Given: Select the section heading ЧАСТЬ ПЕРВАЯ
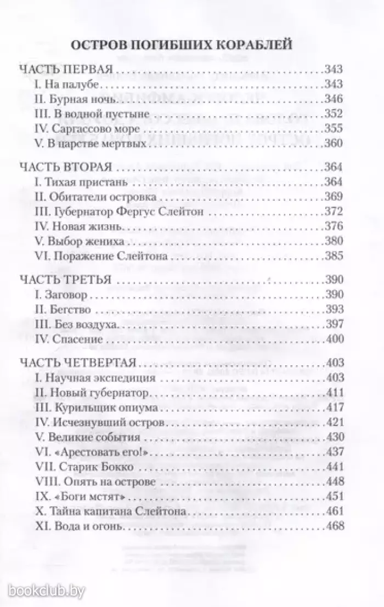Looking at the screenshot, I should (x=66, y=70).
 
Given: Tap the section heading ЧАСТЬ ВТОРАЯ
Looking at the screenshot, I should (x=65, y=167).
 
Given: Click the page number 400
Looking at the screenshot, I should (x=333, y=339).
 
